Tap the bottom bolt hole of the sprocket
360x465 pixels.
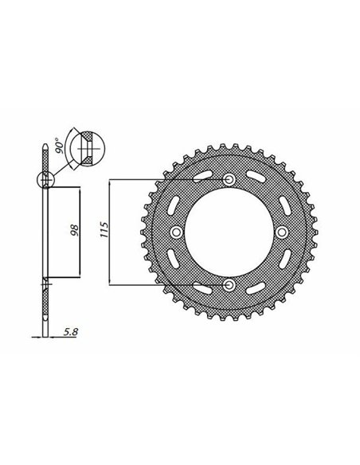click(x=229, y=285)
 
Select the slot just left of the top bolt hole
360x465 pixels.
click(x=202, y=176)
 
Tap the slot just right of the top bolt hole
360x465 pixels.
click(x=257, y=176)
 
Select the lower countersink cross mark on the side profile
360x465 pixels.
click(x=46, y=283)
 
